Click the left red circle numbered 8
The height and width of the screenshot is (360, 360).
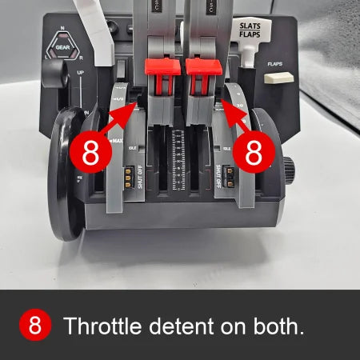pyautogui.click(x=91, y=152)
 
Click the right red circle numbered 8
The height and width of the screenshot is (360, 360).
pyautogui.click(x=253, y=152)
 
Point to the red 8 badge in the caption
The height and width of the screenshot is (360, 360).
pyautogui.click(x=34, y=326)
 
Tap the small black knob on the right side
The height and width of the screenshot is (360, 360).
pyautogui.click(x=288, y=168)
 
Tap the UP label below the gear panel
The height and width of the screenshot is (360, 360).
pyautogui.click(x=81, y=72)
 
